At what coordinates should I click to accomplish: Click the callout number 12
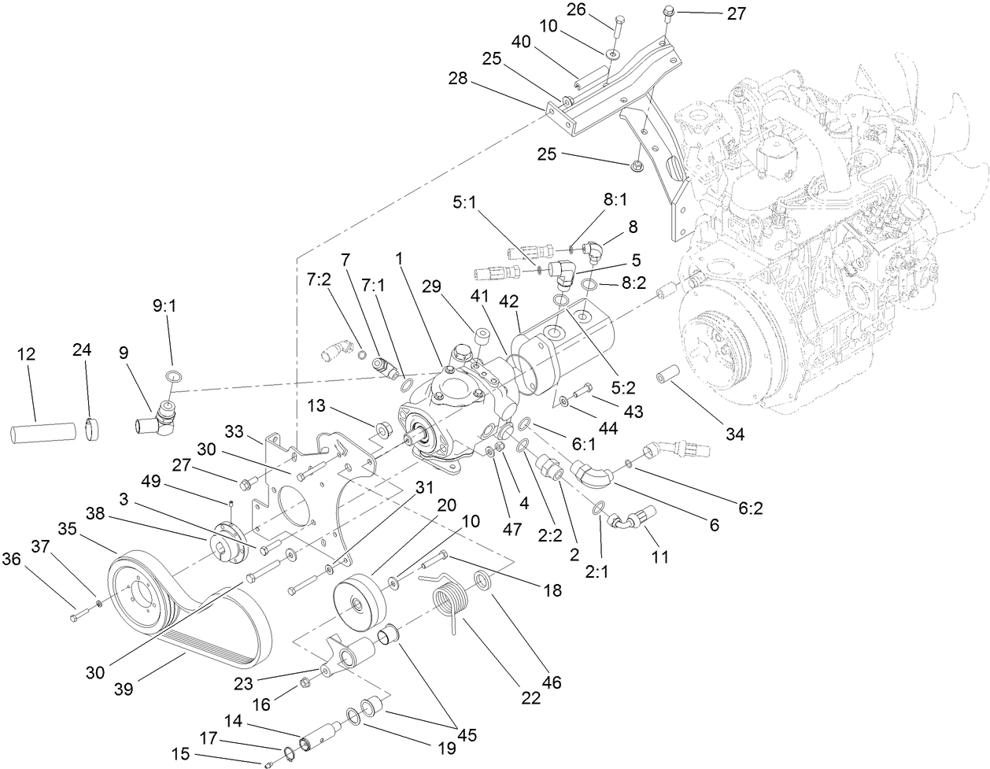(26, 354)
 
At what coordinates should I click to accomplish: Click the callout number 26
(576, 9)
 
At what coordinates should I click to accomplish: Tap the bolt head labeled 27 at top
(668, 11)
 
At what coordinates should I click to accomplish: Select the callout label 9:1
(164, 306)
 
